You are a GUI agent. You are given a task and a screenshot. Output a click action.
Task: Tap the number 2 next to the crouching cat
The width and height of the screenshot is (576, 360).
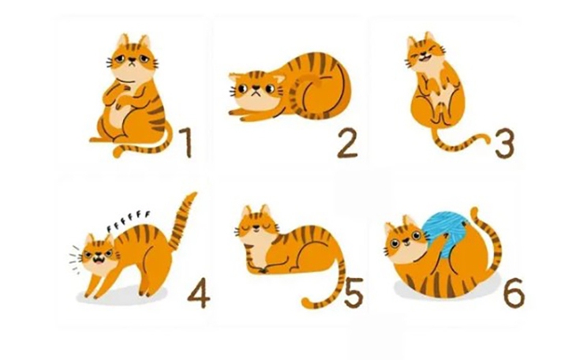[x=347, y=144]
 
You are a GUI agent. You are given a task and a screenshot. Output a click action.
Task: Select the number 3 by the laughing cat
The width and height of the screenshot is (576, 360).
[x=504, y=142]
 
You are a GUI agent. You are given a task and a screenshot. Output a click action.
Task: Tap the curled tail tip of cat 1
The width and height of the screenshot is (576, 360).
[x=118, y=151]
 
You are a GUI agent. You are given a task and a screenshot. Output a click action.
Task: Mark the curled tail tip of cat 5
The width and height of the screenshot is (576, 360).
[x=307, y=302]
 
